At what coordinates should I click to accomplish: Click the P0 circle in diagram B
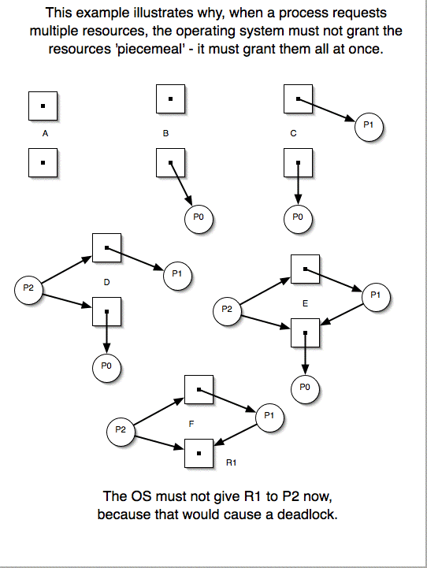[199, 218]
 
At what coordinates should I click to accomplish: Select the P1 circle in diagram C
[369, 126]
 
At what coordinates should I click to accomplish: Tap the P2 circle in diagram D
[28, 289]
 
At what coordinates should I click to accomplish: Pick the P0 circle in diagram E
[305, 388]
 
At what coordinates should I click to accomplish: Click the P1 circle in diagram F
[269, 418]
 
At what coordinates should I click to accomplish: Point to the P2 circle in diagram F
[121, 432]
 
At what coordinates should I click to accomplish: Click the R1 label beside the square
[231, 462]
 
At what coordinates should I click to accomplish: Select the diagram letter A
[45, 133]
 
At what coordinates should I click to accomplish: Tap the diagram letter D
[106, 282]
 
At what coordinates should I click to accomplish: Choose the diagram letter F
[191, 424]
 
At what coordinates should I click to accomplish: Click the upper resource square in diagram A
[43, 106]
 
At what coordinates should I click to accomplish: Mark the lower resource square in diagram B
[171, 162]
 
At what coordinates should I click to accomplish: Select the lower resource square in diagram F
[199, 453]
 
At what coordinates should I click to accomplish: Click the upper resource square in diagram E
[306, 269]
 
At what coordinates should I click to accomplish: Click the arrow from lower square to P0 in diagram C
[298, 184]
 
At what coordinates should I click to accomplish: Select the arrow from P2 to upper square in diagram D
[66, 269]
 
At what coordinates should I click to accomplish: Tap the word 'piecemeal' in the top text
[150, 49]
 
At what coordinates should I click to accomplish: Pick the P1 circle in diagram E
[376, 297]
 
